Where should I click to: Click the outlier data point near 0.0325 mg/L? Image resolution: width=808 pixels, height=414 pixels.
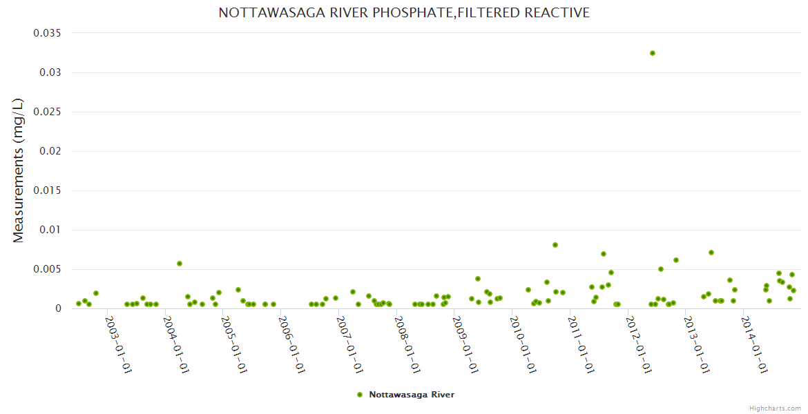(652, 53)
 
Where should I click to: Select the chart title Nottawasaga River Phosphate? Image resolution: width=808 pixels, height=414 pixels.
(404, 12)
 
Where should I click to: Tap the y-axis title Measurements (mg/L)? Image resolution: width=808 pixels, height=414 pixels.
(19, 170)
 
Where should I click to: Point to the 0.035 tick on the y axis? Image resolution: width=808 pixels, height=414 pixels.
(48, 33)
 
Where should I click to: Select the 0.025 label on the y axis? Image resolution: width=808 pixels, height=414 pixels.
(48, 112)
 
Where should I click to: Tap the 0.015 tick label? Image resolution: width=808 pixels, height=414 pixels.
(48, 190)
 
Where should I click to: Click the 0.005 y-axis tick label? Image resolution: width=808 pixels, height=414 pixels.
(48, 269)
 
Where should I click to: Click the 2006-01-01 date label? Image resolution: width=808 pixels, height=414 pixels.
(292, 345)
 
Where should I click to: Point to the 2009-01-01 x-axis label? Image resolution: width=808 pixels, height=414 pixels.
(465, 345)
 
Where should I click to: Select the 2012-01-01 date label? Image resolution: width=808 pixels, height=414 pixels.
(639, 345)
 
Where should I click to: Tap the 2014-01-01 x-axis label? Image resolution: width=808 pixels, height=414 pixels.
(754, 345)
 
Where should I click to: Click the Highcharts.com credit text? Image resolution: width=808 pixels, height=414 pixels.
(775, 408)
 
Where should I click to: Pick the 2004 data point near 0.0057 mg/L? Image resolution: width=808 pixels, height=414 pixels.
(180, 264)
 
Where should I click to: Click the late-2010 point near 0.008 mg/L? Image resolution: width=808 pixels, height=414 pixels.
(555, 245)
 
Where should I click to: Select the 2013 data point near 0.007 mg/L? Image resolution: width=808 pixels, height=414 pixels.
(711, 253)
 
